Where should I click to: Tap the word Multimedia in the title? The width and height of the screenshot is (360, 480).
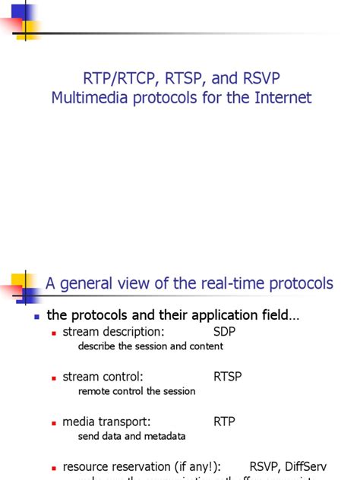[84, 98]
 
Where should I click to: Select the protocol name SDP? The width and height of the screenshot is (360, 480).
[225, 332]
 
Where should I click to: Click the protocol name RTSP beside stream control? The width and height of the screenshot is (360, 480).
[228, 377]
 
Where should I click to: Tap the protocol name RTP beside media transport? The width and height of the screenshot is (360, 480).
[224, 422]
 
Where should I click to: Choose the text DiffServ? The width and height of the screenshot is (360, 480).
[304, 466]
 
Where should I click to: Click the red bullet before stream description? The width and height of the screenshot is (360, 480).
[54, 333]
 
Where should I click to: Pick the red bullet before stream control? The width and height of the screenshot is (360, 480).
[54, 377]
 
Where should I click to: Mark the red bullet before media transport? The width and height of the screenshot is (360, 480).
[54, 422]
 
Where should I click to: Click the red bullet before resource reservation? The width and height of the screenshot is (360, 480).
[54, 467]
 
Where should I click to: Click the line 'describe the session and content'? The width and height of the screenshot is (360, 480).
[150, 346]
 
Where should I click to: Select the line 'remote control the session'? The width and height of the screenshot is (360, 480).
[137, 391]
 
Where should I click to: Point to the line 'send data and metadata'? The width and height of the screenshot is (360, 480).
[131, 436]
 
